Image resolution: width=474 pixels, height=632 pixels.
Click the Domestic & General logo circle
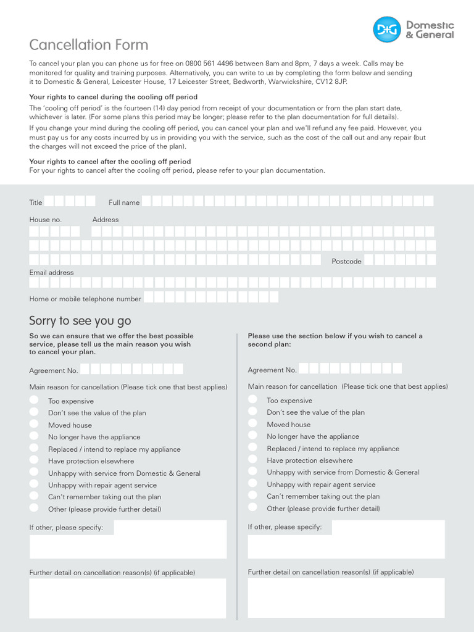coord(387,30)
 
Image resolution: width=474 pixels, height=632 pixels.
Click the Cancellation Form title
coord(89,45)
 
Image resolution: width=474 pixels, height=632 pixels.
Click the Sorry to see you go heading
coord(80,321)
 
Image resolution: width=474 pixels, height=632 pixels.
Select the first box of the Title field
coord(49,201)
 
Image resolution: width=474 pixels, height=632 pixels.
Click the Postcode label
coord(346,261)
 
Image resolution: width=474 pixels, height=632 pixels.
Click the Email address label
coord(51,272)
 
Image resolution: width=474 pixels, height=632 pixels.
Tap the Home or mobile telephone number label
coord(85,299)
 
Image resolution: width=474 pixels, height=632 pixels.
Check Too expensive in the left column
coord(34,401)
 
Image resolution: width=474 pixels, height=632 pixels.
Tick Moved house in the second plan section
coord(252,424)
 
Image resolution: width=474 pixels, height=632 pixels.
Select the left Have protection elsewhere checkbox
coord(34,460)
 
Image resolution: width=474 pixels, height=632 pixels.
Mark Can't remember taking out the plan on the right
coord(252,496)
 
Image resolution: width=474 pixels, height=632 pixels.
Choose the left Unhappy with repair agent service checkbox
coord(34,484)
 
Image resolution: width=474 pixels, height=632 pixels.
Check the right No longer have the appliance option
coord(252,436)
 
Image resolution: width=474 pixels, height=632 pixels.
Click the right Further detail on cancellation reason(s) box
coord(346,597)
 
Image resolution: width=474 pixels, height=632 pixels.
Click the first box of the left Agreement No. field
coord(85,369)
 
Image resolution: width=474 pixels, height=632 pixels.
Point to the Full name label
coord(124,202)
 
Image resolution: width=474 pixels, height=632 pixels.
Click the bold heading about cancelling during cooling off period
coord(114,97)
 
